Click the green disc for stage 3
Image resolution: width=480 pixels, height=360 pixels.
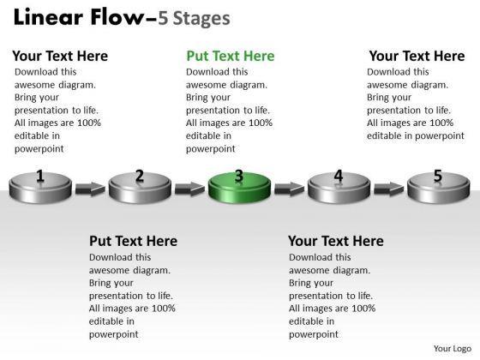pos(239,188)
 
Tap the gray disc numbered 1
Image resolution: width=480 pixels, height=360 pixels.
pos(40,188)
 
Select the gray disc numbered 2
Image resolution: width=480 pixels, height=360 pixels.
pos(140,188)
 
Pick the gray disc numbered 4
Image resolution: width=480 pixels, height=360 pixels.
pos(339,188)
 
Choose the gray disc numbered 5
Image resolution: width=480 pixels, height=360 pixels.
pos(438,188)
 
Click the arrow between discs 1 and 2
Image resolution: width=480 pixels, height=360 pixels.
pos(90,189)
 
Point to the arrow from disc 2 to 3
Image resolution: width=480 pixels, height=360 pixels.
pos(189,189)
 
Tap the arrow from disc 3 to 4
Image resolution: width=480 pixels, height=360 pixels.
pos(290,189)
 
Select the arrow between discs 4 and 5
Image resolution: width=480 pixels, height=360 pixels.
pos(389,189)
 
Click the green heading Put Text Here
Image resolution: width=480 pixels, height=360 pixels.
pos(231,56)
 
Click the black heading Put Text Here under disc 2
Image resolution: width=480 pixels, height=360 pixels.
pos(133,241)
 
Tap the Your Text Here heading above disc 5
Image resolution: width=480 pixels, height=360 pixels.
pos(417,56)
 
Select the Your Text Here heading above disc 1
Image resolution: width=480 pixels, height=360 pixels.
pos(60,56)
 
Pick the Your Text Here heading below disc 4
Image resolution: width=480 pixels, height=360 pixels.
pos(336,241)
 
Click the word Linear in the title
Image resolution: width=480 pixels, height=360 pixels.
pos(49,17)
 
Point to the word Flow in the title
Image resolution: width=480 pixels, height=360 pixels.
pos(117,17)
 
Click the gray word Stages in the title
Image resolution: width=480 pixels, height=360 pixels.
pos(201,19)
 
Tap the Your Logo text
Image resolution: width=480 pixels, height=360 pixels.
pos(453,349)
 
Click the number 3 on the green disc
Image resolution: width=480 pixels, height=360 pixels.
pos(239,176)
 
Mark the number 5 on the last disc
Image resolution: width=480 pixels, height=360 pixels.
pos(438,176)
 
